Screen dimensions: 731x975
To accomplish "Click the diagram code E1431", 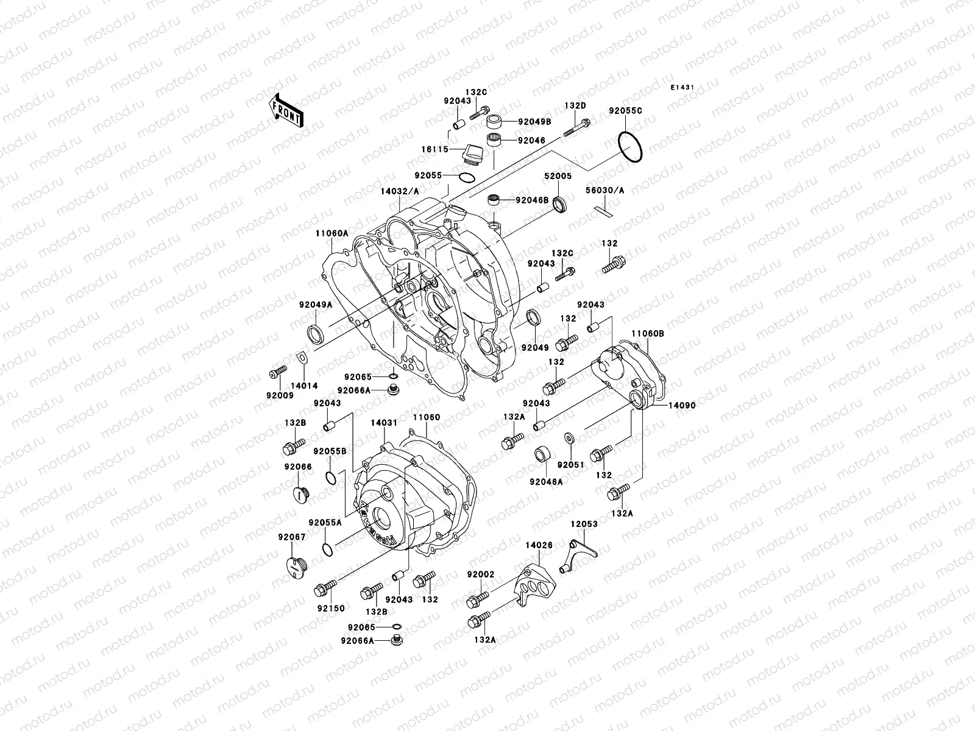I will click(683, 88).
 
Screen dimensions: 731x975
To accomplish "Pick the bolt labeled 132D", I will click(578, 127).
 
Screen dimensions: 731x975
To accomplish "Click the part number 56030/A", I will click(605, 190).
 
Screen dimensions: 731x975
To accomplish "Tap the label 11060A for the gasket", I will click(331, 233).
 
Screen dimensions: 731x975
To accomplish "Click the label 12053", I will click(584, 524).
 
